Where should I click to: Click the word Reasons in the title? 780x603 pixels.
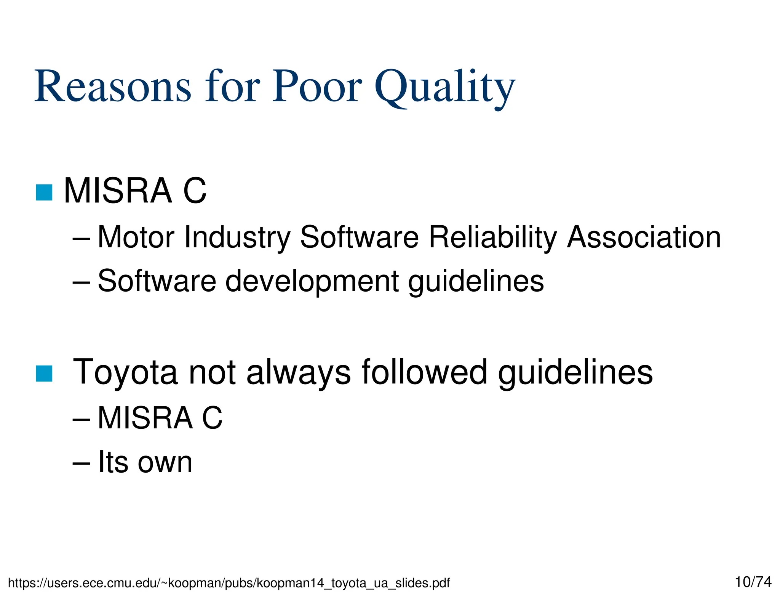point(112,87)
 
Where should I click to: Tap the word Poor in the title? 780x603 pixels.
point(317,87)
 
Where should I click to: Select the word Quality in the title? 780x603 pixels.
point(445,88)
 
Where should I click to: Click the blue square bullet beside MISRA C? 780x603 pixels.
point(44,192)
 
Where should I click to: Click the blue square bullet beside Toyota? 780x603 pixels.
point(44,373)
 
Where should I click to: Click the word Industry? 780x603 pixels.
point(237,238)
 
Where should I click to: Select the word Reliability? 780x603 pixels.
point(493,238)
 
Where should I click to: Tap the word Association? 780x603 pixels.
point(644,237)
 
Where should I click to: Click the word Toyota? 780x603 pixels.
point(125,372)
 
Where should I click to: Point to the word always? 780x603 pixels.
point(299,372)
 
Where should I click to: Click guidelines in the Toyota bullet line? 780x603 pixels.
point(575,372)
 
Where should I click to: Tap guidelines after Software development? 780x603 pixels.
point(476,281)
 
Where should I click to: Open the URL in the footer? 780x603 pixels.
point(229,583)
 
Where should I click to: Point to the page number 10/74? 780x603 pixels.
point(753,582)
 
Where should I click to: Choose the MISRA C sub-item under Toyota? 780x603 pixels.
point(160,418)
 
